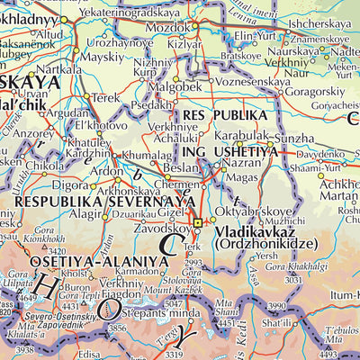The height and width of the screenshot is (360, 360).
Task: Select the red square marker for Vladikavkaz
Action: tap(198, 222)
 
